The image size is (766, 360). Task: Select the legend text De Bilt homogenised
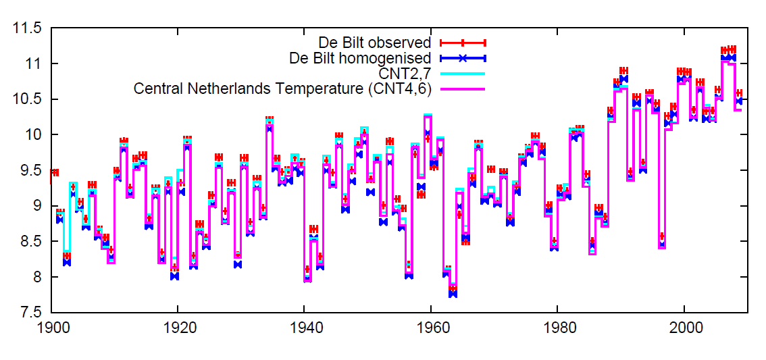[x=360, y=58]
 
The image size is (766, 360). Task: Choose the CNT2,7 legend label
[x=406, y=73]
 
